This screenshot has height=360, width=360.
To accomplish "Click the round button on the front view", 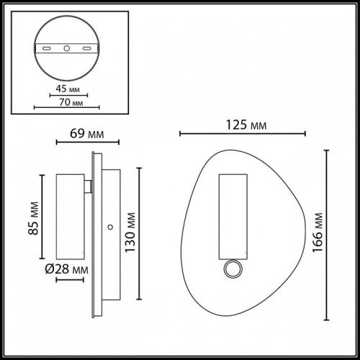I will point(232,270).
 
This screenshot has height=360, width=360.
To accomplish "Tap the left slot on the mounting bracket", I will point(47,48).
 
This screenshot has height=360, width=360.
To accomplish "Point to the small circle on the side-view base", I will point(109,227).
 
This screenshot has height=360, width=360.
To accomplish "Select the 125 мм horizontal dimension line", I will point(243,133).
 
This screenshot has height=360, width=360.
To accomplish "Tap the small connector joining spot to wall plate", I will point(87,188).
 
